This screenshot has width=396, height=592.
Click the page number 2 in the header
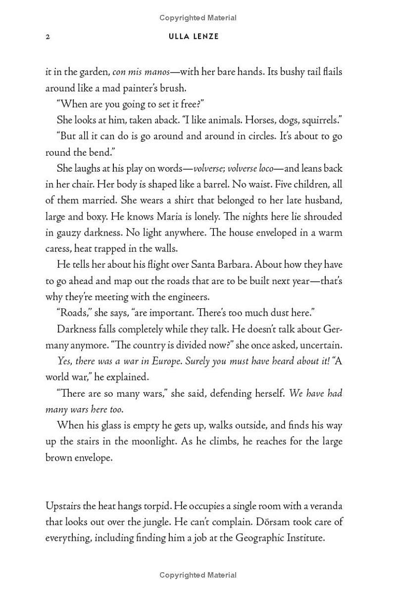[48, 37]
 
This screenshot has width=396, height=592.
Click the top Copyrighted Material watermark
[198, 18]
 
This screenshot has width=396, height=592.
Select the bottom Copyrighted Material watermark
[198, 575]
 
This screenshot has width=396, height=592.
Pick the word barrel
[216, 184]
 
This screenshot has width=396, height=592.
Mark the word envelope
[93, 458]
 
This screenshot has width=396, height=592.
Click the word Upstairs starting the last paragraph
[65, 506]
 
